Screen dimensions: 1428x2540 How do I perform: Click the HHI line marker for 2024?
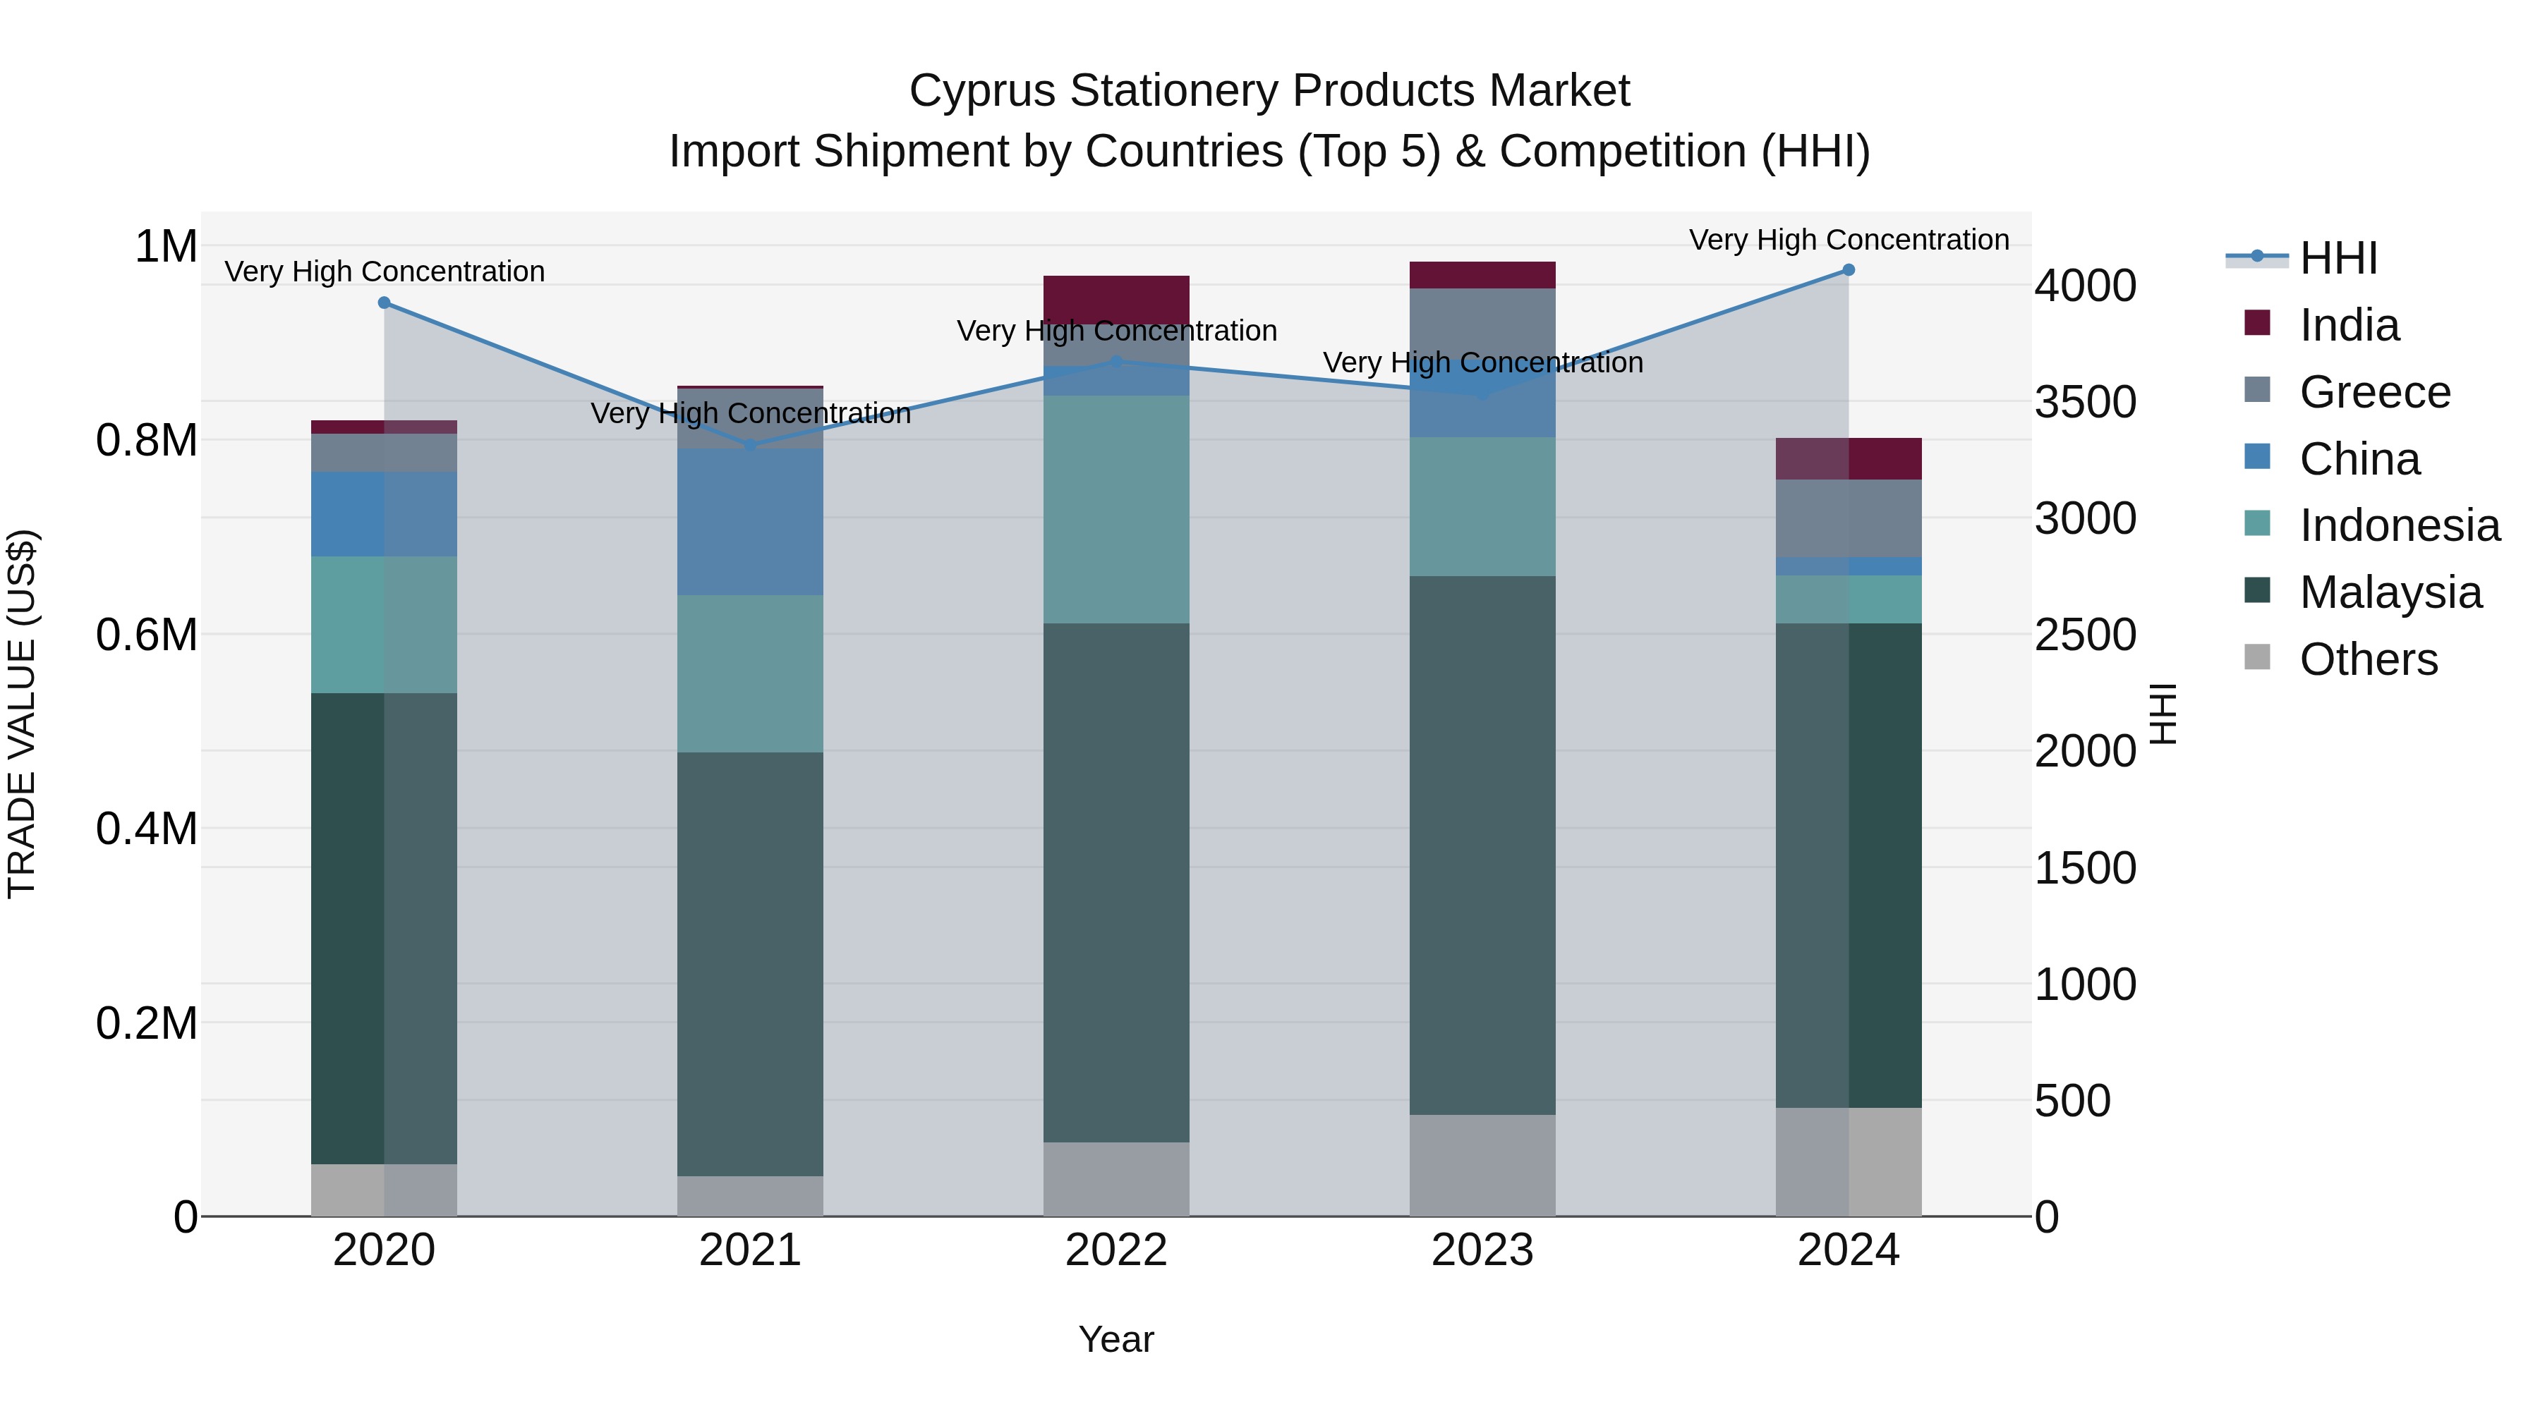click(x=1848, y=270)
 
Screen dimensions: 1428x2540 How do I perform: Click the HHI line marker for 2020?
click(x=385, y=303)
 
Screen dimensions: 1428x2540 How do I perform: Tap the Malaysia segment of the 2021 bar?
click(x=751, y=964)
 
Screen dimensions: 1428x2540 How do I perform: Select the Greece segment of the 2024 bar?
click(x=1848, y=518)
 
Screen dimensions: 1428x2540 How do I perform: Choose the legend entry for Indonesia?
click(x=2398, y=525)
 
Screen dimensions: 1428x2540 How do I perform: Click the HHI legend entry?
click(x=2337, y=258)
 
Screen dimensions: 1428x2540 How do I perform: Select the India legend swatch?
click(x=2257, y=323)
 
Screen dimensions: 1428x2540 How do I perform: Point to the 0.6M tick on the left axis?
click(x=147, y=635)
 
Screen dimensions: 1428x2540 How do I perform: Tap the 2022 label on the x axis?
click(x=1116, y=1250)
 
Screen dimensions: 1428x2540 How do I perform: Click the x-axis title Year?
click(x=1116, y=1339)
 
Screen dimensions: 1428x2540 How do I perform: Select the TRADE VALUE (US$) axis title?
click(x=22, y=714)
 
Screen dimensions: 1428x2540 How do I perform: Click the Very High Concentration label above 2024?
click(x=1848, y=240)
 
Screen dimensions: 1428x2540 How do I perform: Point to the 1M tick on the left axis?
click(x=166, y=246)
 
